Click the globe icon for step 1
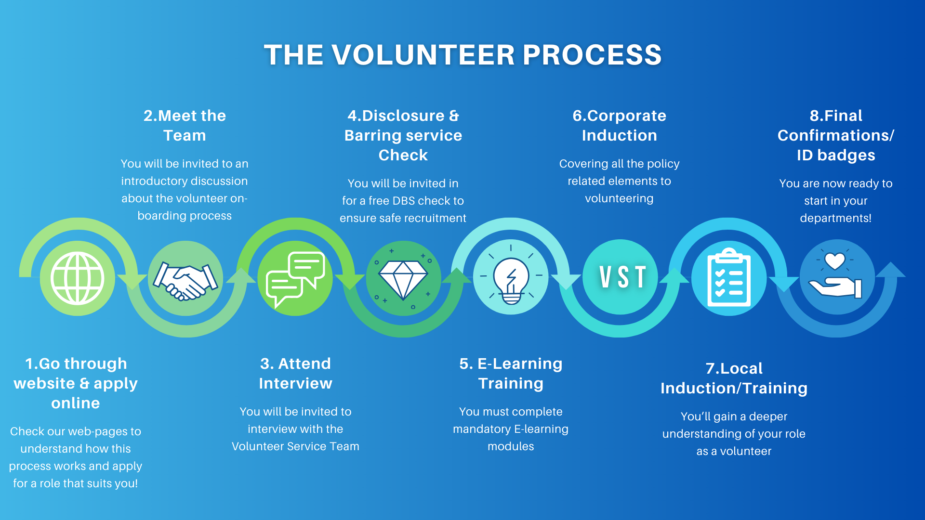pyautogui.click(x=78, y=278)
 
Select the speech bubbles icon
pyautogui.click(x=295, y=279)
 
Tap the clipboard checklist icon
pyautogui.click(x=728, y=278)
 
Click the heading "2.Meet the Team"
pyautogui.click(x=185, y=125)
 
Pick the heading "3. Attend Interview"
pyautogui.click(x=295, y=373)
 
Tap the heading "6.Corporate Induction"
pyautogui.click(x=619, y=125)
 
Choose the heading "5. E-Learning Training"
pyautogui.click(x=511, y=373)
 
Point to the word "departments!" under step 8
pyautogui.click(x=835, y=218)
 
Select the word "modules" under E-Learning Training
pyautogui.click(x=511, y=446)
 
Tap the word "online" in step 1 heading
pyautogui.click(x=76, y=403)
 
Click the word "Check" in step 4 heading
pyautogui.click(x=403, y=155)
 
